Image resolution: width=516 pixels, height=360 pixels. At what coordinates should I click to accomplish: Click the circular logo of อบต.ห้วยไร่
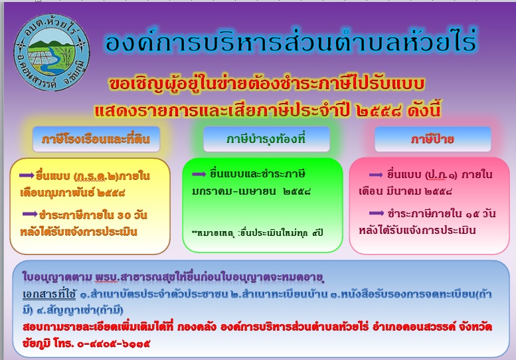52,52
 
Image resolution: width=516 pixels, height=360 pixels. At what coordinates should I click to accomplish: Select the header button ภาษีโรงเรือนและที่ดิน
96,139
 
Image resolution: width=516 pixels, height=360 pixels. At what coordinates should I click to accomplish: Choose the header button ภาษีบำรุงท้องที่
266,139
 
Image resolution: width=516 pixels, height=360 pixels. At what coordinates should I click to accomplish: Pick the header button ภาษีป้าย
433,139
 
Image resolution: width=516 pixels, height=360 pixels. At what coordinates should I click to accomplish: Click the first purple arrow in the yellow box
27,175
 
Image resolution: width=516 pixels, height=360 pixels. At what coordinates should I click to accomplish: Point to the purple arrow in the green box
199,174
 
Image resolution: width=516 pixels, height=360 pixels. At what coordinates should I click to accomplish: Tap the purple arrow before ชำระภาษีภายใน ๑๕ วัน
377,213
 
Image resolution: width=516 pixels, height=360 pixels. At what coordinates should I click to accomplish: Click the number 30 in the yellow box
124,216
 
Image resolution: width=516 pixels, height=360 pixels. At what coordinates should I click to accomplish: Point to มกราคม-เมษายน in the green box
234,191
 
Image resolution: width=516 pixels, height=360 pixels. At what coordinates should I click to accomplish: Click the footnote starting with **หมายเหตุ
258,233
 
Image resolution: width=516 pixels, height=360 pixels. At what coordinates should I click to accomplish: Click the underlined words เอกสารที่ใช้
49,294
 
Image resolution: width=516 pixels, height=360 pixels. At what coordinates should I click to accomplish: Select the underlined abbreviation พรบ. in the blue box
107,278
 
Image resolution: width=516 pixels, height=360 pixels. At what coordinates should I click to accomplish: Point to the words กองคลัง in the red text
197,327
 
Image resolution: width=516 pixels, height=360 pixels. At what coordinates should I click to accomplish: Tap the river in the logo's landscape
52,60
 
